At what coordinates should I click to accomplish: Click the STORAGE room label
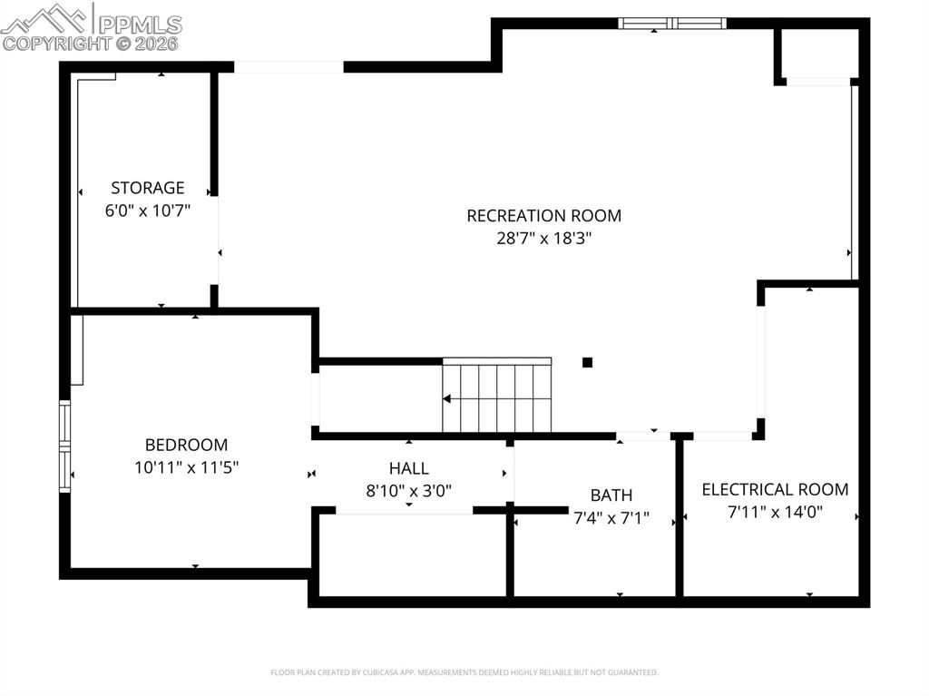[x=147, y=188]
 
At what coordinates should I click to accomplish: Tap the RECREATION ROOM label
[x=543, y=215]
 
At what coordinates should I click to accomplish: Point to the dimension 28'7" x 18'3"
[x=543, y=239]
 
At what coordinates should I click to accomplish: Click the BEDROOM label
[x=186, y=445]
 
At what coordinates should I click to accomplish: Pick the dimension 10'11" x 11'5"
[x=186, y=467]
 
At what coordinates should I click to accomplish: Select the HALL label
[x=408, y=468]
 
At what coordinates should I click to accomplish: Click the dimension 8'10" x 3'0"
[x=408, y=491]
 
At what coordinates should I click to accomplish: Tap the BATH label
[x=611, y=495]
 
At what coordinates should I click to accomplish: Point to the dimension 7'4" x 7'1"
[x=611, y=518]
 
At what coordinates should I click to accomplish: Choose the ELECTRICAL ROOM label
[x=775, y=489]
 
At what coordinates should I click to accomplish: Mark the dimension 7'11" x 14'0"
[x=775, y=512]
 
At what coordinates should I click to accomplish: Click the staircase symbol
[x=497, y=397]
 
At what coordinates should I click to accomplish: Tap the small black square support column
[x=587, y=362]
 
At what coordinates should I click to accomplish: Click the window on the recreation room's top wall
[x=672, y=24]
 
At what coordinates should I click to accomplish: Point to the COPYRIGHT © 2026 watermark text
[x=91, y=43]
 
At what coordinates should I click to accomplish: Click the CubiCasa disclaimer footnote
[x=464, y=672]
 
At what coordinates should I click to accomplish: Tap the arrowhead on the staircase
[x=446, y=398]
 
